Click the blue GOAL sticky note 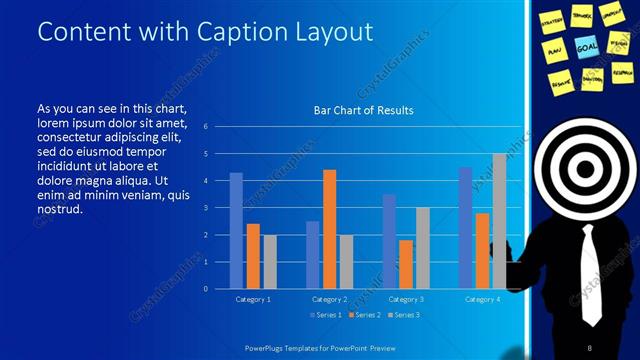[587, 46]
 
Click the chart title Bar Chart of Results [356, 110]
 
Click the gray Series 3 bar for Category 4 [499, 221]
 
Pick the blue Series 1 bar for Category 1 [236, 230]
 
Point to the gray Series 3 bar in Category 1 [270, 261]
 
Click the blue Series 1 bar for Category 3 [389, 241]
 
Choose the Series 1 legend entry [328, 315]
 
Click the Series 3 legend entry [403, 315]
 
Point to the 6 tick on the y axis [204, 127]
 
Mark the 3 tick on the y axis [204, 208]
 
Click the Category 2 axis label [329, 299]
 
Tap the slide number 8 [589, 345]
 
